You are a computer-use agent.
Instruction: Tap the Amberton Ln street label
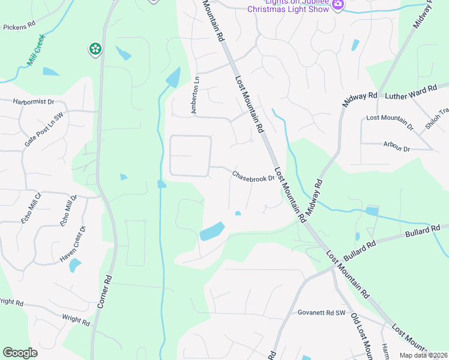(x=194, y=95)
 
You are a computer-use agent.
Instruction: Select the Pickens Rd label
(x=20, y=28)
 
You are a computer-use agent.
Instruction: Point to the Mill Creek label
(x=37, y=52)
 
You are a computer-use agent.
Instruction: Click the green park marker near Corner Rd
(x=95, y=49)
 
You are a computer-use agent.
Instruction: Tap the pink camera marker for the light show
(x=338, y=4)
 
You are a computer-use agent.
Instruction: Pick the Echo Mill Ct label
(x=31, y=208)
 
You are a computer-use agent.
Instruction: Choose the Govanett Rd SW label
(x=322, y=313)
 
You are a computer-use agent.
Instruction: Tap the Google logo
(x=20, y=353)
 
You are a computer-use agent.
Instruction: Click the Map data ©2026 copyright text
(x=423, y=355)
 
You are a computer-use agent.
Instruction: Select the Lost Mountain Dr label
(x=390, y=122)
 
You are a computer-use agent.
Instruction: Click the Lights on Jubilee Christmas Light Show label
(x=288, y=5)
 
